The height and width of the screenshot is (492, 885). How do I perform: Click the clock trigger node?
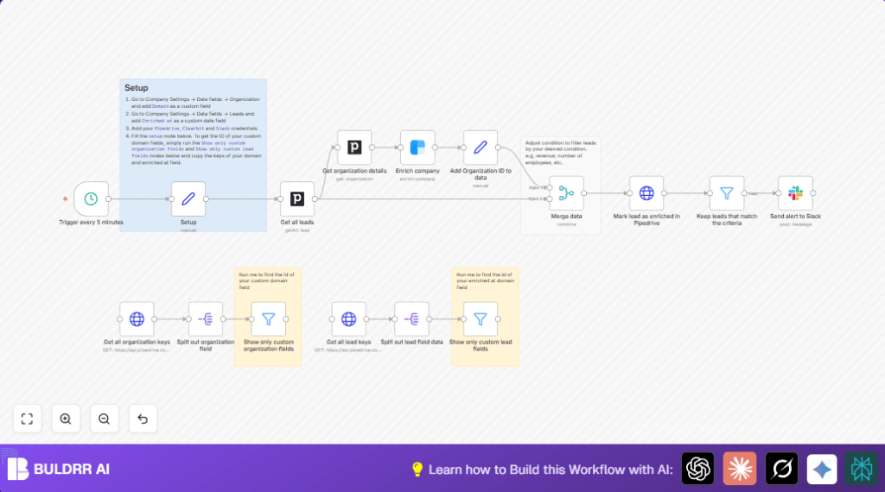(x=91, y=199)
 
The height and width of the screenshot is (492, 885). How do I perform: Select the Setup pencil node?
(x=188, y=199)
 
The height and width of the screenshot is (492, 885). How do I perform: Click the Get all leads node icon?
(x=297, y=199)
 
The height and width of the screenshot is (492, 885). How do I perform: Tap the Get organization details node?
(x=354, y=148)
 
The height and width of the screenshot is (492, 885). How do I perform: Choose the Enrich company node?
(x=417, y=148)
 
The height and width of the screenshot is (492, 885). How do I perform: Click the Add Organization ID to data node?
(x=481, y=148)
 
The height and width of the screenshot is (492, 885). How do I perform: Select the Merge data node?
(x=566, y=193)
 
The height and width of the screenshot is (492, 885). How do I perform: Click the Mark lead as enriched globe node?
(x=646, y=193)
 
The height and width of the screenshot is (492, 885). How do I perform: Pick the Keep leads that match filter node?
(x=726, y=193)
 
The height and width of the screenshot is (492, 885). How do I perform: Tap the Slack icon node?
(x=795, y=193)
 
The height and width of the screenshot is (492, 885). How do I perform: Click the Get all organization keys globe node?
(x=137, y=319)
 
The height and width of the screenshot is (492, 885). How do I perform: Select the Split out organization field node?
(x=206, y=319)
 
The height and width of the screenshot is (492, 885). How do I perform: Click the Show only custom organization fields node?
(x=268, y=319)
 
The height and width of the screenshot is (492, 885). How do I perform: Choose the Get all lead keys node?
(x=349, y=319)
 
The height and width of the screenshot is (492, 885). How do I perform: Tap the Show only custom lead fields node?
(x=481, y=319)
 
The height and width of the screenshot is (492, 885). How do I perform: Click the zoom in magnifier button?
(x=66, y=419)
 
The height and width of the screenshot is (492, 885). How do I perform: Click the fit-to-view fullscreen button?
(x=27, y=419)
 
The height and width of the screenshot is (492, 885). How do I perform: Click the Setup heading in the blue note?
(x=137, y=88)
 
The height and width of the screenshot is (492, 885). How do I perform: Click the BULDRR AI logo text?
(x=71, y=470)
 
